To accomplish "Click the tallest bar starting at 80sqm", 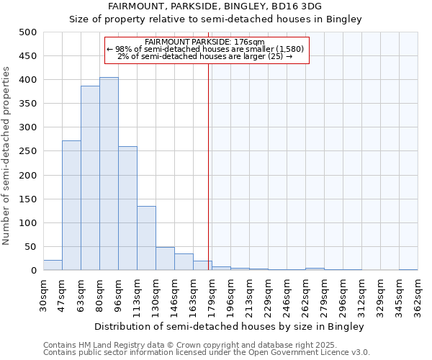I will [109, 174].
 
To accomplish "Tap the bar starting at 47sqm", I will [71, 205].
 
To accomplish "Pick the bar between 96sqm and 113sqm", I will [127, 208].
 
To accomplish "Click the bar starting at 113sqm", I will [146, 238].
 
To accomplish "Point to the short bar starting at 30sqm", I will [53, 265].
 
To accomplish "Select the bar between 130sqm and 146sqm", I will [165, 258].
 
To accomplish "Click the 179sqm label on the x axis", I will [212, 294].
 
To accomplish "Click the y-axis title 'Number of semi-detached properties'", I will [6, 156].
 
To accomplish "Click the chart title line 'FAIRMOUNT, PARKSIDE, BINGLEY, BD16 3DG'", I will [215, 6].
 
